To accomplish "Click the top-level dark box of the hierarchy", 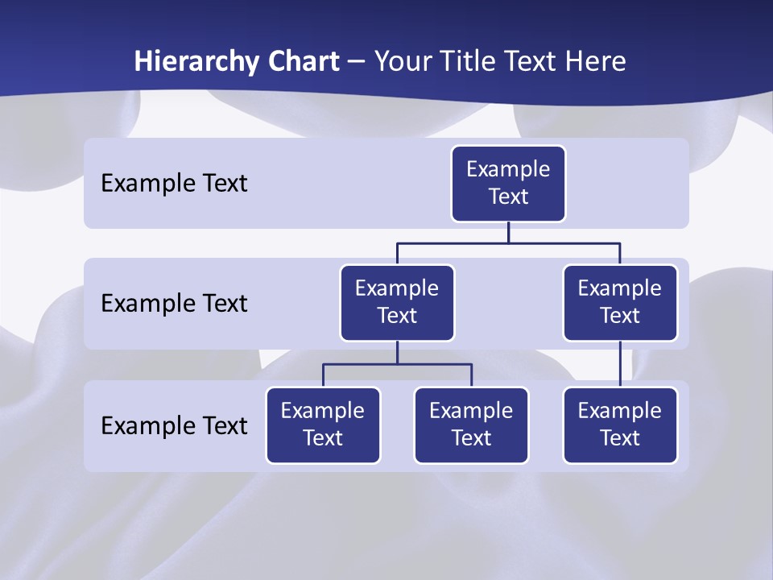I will point(508,184).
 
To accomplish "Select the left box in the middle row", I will point(397,303).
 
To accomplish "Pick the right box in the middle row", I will point(620,303).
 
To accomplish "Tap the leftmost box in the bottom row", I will point(323,425).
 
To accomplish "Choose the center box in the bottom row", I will point(471,425).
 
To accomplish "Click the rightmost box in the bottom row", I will point(620,425).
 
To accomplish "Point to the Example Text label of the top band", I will point(174,184).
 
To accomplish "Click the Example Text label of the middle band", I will point(174,304).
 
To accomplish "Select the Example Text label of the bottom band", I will point(174,425).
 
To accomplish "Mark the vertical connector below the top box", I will point(508,232).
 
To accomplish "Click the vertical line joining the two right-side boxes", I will point(620,364).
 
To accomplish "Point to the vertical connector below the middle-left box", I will point(397,353).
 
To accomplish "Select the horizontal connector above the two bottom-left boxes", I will point(362,364).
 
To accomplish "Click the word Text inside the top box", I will point(508,197).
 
